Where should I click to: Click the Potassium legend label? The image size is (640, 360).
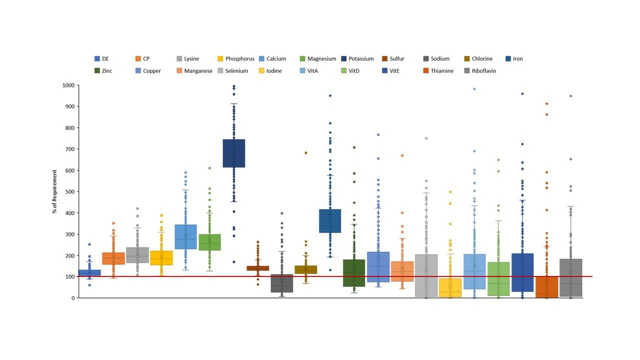361,58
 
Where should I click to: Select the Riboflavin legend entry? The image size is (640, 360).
483,71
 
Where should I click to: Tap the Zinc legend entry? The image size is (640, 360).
106,71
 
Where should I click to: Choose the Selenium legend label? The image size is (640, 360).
236,71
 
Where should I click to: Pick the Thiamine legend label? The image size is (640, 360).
442,71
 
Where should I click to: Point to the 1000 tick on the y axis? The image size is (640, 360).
68,85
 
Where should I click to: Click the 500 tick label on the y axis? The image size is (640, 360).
70,191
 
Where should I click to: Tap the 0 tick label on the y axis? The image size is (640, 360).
73,298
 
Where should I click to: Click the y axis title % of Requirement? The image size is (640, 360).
54,191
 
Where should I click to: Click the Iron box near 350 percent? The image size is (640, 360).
330,220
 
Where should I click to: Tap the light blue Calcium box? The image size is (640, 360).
185,236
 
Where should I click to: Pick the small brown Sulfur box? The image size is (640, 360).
258,268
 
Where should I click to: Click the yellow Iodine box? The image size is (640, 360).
450,288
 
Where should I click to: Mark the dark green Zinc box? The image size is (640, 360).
354,272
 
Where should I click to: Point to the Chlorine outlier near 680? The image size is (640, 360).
306,153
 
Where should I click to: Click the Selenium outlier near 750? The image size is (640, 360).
426,138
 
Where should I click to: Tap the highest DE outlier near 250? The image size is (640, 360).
89,244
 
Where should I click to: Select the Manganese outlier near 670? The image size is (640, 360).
402,155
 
